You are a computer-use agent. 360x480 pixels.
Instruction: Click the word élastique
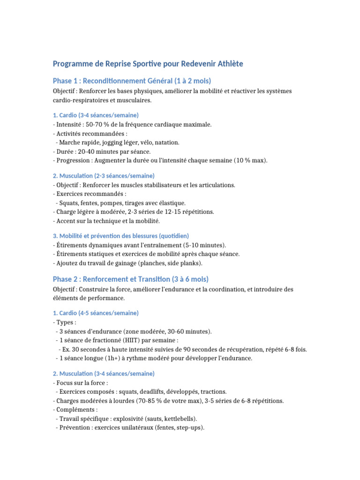[171, 203]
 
